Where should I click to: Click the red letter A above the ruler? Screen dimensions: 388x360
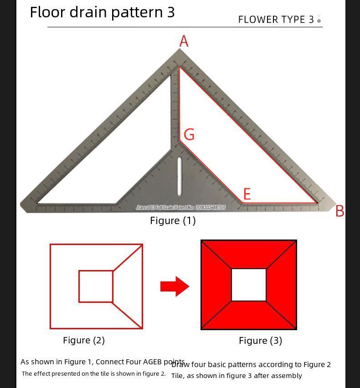pos(184,41)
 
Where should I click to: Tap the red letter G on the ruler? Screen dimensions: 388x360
pos(189,134)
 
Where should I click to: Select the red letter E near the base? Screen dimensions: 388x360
pos(247,194)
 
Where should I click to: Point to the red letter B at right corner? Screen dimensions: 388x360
pos(339,211)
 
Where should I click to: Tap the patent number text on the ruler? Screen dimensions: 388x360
pos(180,208)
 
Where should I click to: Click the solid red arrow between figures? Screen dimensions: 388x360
pos(175,286)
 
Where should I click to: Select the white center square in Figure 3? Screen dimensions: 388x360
pos(249,285)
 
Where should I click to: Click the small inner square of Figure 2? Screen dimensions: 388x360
pos(96,286)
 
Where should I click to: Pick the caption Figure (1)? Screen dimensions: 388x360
pos(173,220)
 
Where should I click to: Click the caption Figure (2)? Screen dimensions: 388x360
pos(84,340)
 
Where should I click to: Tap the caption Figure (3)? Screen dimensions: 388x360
pos(260,341)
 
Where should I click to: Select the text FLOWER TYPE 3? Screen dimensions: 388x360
pos(276,20)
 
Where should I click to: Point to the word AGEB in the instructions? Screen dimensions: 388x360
pos(155,362)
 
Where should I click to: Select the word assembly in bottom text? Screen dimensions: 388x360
pos(286,376)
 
